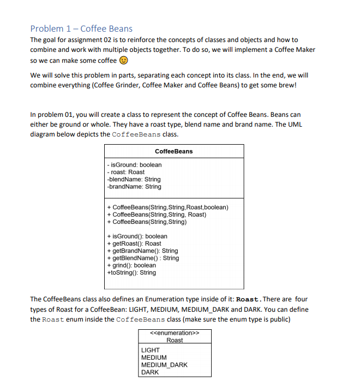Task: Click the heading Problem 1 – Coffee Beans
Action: [81, 28]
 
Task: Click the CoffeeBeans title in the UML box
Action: [173, 151]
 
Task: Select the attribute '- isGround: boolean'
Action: [134, 164]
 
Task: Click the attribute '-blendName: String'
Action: [134, 179]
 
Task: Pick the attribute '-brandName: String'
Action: [134, 187]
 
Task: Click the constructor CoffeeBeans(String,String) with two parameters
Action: [147, 222]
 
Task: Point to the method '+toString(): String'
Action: [131, 272]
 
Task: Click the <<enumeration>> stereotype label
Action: [174, 333]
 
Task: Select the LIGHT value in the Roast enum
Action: [151, 350]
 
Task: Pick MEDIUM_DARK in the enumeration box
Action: [164, 365]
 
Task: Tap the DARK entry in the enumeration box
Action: [150, 372]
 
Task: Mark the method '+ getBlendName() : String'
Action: [143, 258]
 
